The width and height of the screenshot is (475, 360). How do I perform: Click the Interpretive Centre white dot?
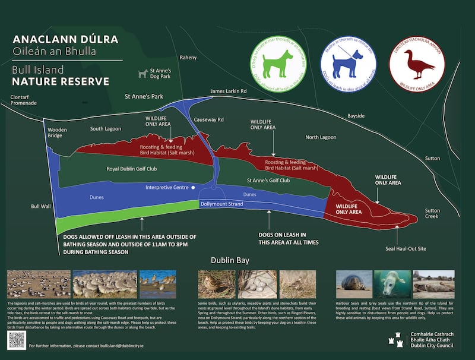[193, 188]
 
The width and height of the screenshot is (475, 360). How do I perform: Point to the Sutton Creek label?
[436, 214]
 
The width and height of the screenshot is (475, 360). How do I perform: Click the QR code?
[17, 340]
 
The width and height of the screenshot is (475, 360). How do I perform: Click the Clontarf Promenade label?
[24, 99]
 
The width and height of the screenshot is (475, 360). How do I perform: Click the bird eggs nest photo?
[253, 285]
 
